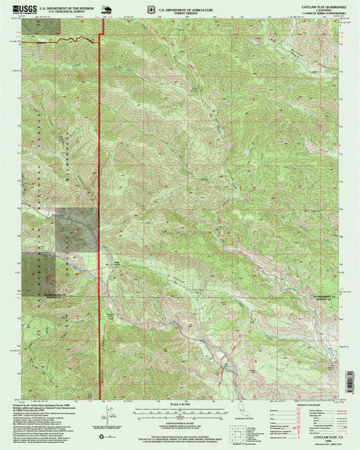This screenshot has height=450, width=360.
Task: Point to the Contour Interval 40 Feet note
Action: (178, 426)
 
